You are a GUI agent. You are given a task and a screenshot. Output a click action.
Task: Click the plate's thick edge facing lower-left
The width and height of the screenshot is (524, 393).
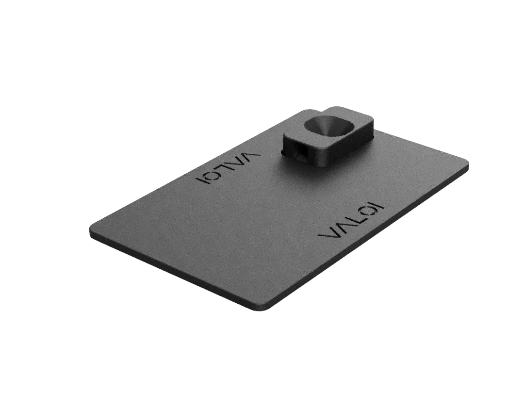(x=170, y=272)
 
